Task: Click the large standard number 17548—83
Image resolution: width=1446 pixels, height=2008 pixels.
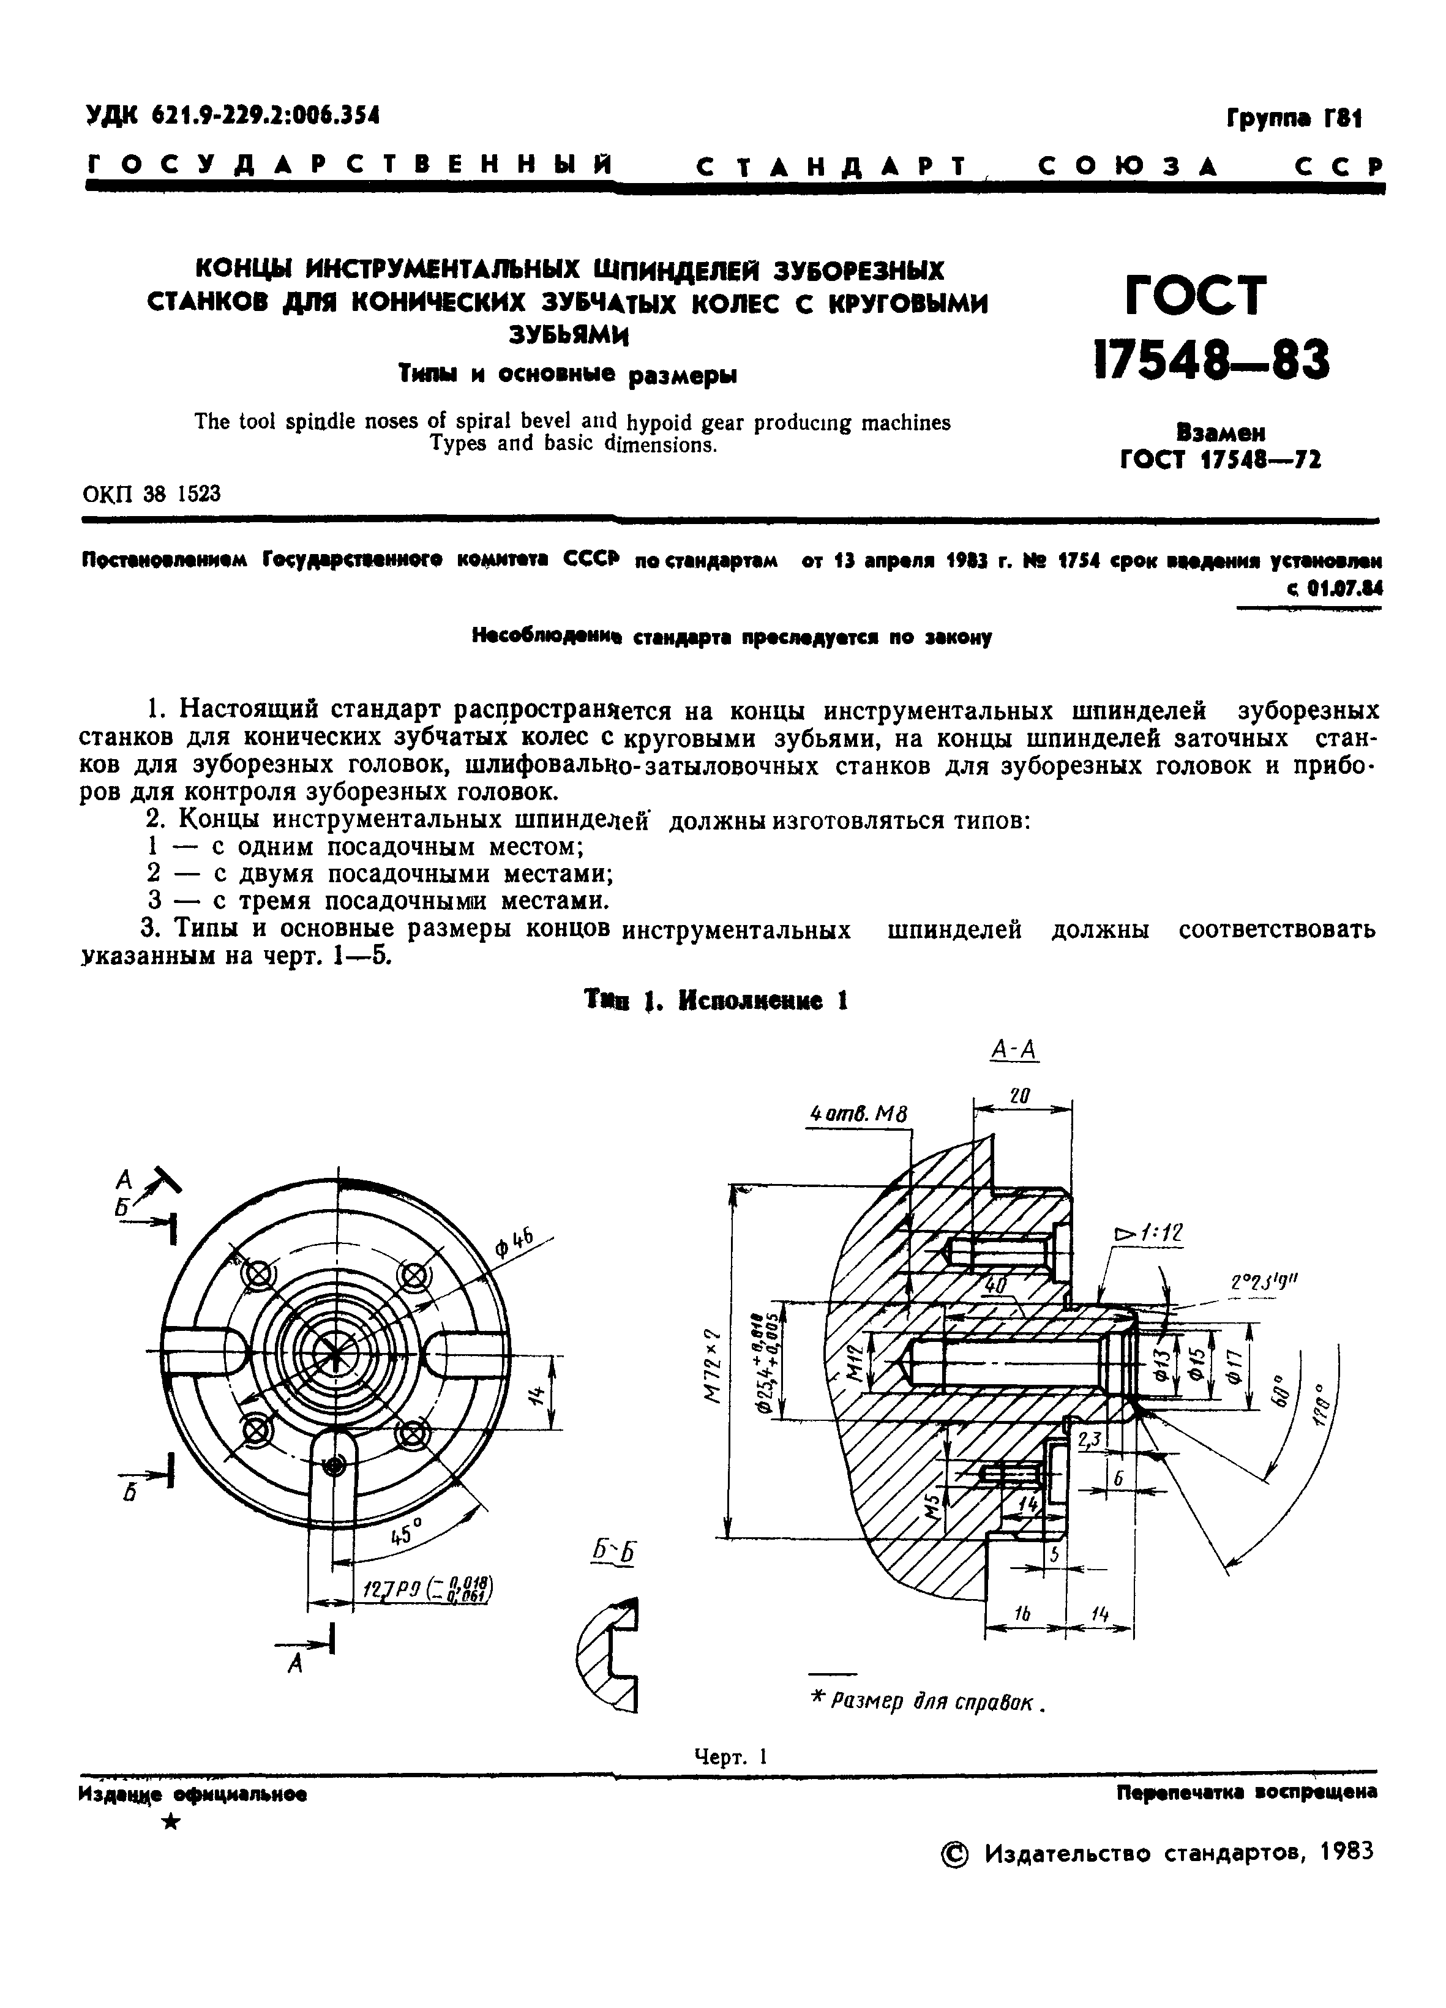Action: point(1212,361)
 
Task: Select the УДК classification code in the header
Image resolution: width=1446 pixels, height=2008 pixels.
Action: point(232,115)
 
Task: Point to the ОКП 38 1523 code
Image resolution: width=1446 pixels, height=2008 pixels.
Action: point(151,493)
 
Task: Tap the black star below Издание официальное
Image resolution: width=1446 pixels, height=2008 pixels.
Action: point(173,1822)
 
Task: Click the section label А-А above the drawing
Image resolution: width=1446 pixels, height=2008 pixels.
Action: point(1014,1050)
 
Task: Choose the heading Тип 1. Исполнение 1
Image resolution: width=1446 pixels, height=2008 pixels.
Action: point(716,1000)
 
